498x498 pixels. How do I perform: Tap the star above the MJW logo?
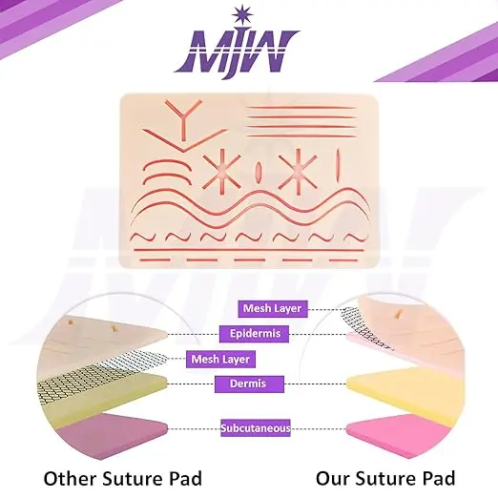(242, 14)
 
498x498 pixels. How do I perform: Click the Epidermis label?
(254, 334)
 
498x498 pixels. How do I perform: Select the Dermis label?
(249, 384)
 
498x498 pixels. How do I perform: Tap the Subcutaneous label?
(256, 428)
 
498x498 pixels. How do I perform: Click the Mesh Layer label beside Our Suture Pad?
(273, 308)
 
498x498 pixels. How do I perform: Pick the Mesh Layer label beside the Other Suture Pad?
(220, 359)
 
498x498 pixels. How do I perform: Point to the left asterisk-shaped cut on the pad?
(221, 174)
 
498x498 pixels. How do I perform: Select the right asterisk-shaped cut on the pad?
(298, 172)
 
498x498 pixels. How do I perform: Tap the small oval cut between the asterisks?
(259, 172)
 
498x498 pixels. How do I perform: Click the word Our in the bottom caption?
(333, 479)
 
